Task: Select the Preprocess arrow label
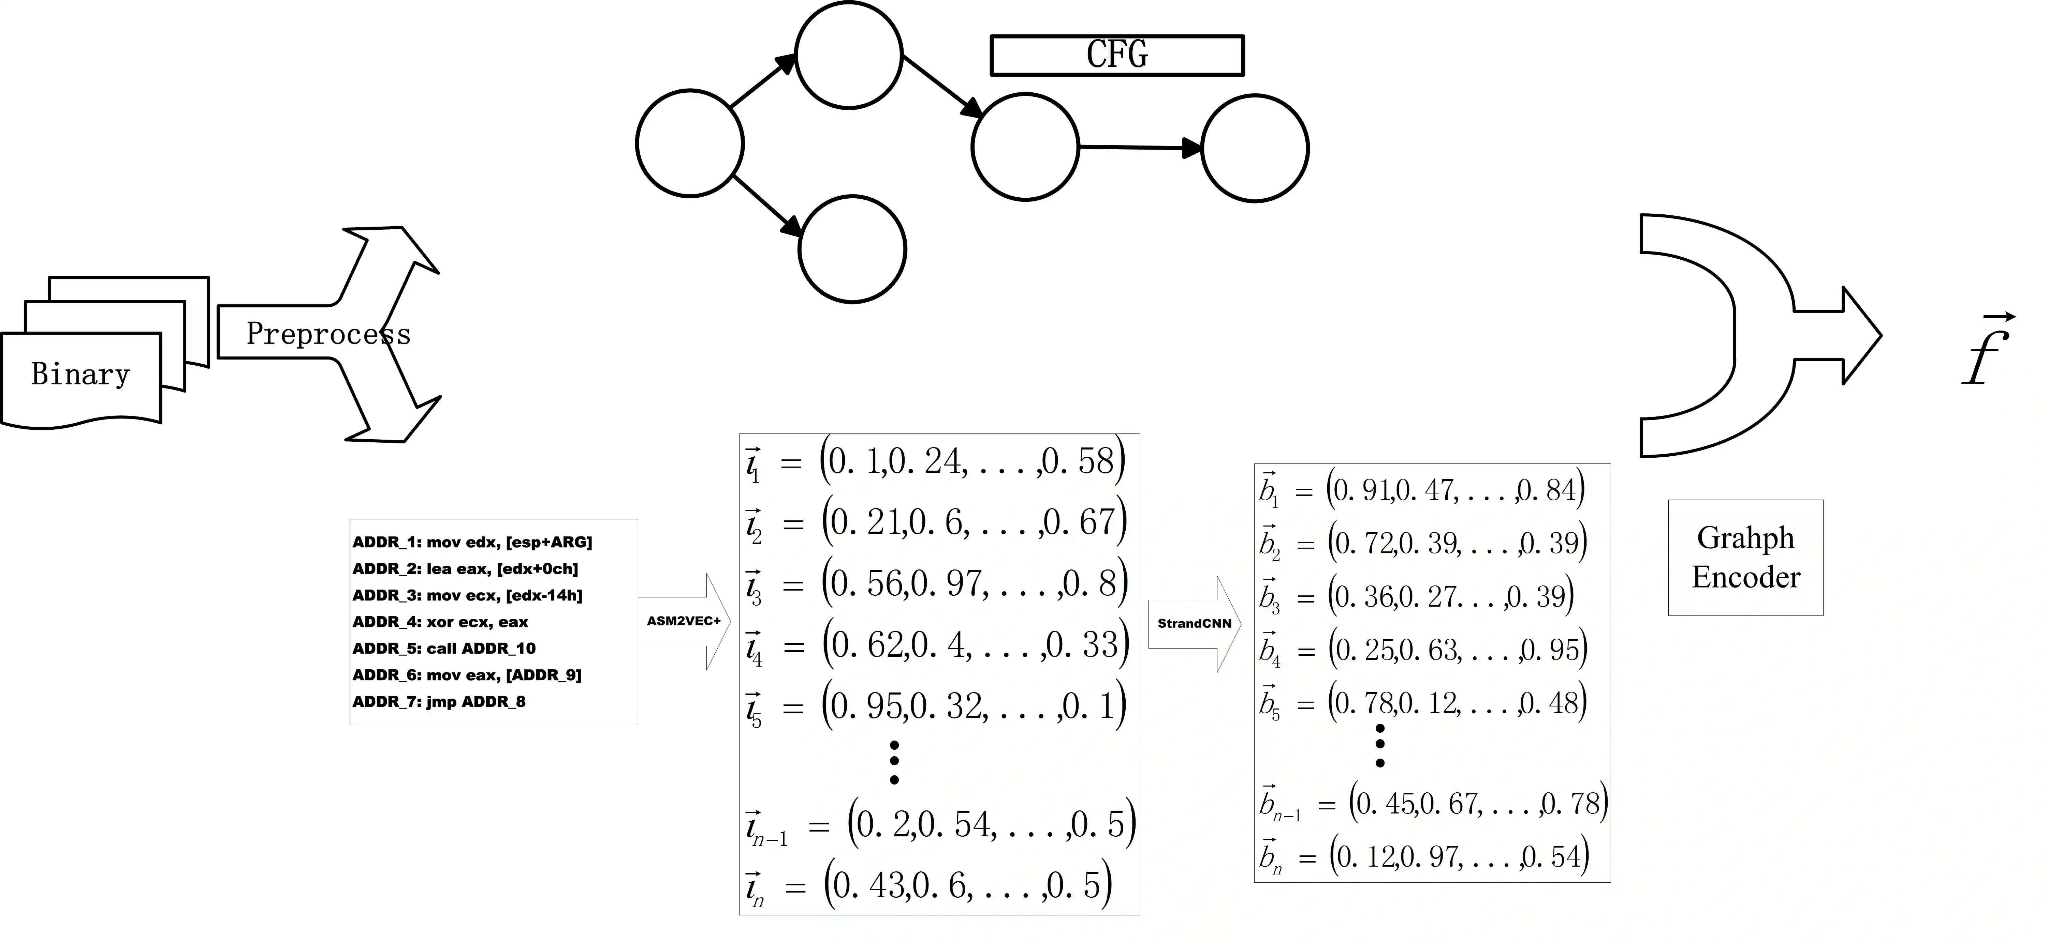pyautogui.click(x=327, y=334)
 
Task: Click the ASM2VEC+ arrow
pyautogui.click(x=684, y=621)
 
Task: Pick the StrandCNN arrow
pyautogui.click(x=1194, y=624)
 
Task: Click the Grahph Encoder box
pyautogui.click(x=1745, y=558)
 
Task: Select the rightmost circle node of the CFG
pyautogui.click(x=1255, y=149)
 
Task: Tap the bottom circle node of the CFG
pyautogui.click(x=852, y=249)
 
